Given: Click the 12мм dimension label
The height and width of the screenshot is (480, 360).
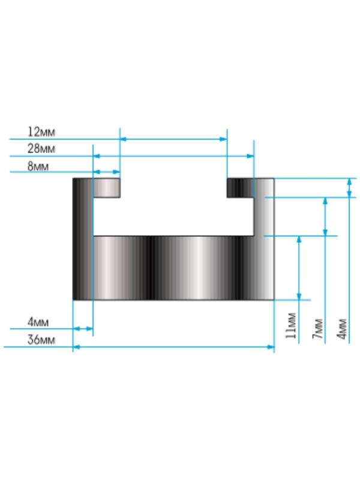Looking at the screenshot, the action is pyautogui.click(x=41, y=132).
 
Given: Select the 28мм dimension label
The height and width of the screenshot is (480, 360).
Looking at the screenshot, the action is pyautogui.click(x=41, y=149).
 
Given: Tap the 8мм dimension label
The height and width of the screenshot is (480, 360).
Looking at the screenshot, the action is pyautogui.click(x=38, y=166).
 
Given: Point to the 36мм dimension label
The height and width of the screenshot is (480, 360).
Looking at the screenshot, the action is pyautogui.click(x=41, y=340).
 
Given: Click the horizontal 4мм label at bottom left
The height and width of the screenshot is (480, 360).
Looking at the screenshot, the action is pyautogui.click(x=38, y=322).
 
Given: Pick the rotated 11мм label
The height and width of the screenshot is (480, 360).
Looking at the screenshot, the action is pyautogui.click(x=291, y=325).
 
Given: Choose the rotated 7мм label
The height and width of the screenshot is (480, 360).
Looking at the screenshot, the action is pyautogui.click(x=318, y=329).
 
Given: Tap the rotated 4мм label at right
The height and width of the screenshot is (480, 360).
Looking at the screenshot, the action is pyautogui.click(x=342, y=329).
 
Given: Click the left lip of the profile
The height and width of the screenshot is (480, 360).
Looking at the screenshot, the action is pyautogui.click(x=107, y=188).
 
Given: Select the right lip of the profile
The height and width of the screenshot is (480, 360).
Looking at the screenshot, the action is pyautogui.click(x=241, y=188).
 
